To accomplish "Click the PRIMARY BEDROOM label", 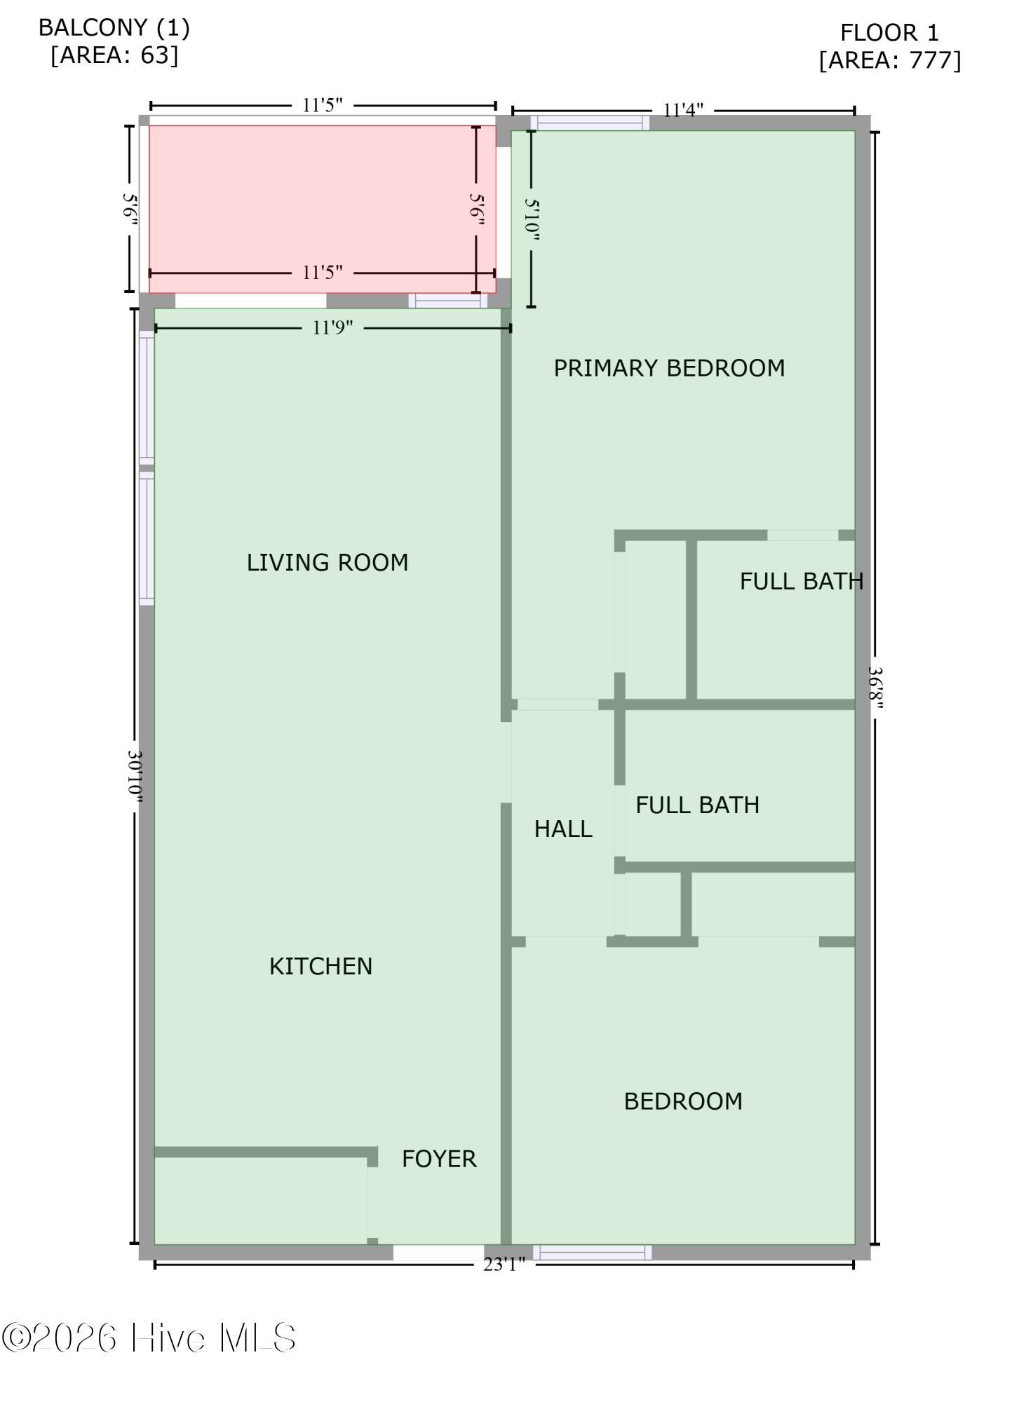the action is click(x=669, y=368).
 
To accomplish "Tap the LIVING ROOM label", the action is click(x=328, y=562).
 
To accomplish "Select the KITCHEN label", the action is click(x=320, y=966).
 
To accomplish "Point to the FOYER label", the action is click(x=439, y=1159).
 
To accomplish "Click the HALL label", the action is click(x=563, y=829).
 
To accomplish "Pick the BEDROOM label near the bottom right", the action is click(x=683, y=1101).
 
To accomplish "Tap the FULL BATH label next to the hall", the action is click(x=697, y=805).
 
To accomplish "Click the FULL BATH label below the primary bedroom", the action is click(x=801, y=581).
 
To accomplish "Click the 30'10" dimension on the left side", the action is click(x=135, y=777).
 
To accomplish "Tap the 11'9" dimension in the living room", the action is click(x=332, y=327).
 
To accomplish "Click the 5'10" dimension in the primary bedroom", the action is click(x=532, y=219).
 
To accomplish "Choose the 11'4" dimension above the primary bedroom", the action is click(x=683, y=110).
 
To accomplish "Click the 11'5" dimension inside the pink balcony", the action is click(x=322, y=272).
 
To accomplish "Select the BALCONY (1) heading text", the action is click(x=114, y=28).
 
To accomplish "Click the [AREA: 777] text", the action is click(x=889, y=60).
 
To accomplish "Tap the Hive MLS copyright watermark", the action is click(x=149, y=1338).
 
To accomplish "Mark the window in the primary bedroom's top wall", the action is click(x=590, y=123).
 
